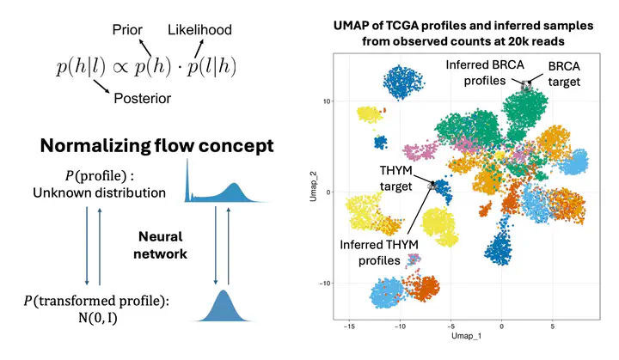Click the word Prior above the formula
point(128,31)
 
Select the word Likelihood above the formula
point(199,31)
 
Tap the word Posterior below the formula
point(142,99)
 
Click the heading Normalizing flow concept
point(156,146)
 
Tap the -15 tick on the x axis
point(350,326)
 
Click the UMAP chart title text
point(463,33)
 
